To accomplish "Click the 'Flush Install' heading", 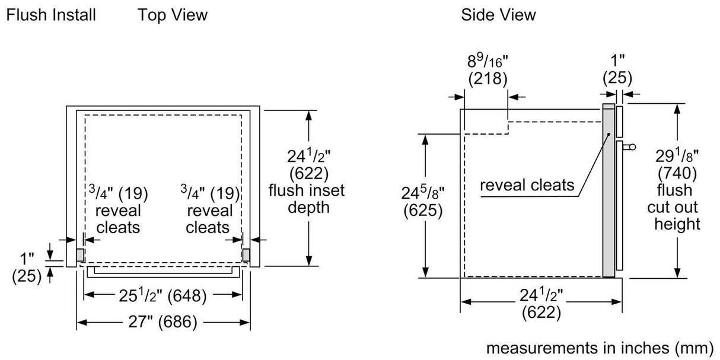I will (50, 15).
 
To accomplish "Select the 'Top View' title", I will (173, 15).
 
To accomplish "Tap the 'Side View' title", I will (498, 15).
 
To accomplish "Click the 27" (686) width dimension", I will (163, 322).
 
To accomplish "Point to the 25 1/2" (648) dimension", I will (163, 295).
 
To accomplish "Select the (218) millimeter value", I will (486, 78).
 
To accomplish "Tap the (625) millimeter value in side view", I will (422, 210).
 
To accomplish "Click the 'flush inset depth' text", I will (306, 199).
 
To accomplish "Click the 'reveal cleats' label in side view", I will (527, 185).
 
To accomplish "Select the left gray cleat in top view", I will (80, 254).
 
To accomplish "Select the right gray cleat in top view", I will (246, 254).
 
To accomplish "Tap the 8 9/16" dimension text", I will (486, 60).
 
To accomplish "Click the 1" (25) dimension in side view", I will (617, 69).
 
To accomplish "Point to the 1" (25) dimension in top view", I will (27, 267).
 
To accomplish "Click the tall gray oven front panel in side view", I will (608, 190).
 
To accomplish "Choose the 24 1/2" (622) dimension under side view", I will (541, 304).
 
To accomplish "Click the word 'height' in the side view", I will (677, 224).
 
